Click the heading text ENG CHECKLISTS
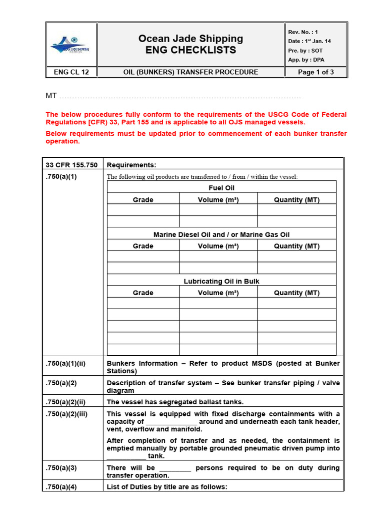click(190, 50)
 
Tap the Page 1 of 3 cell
click(315, 72)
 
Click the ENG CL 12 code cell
click(71, 72)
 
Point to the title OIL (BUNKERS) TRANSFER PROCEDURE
click(190, 72)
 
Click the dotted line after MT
click(180, 96)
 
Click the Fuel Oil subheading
click(221, 188)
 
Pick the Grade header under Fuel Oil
click(143, 200)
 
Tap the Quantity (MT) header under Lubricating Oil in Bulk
click(296, 293)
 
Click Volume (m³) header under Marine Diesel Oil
click(218, 246)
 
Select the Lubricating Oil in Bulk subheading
click(221, 282)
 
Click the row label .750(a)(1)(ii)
click(65, 364)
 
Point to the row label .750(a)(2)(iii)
click(66, 414)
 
